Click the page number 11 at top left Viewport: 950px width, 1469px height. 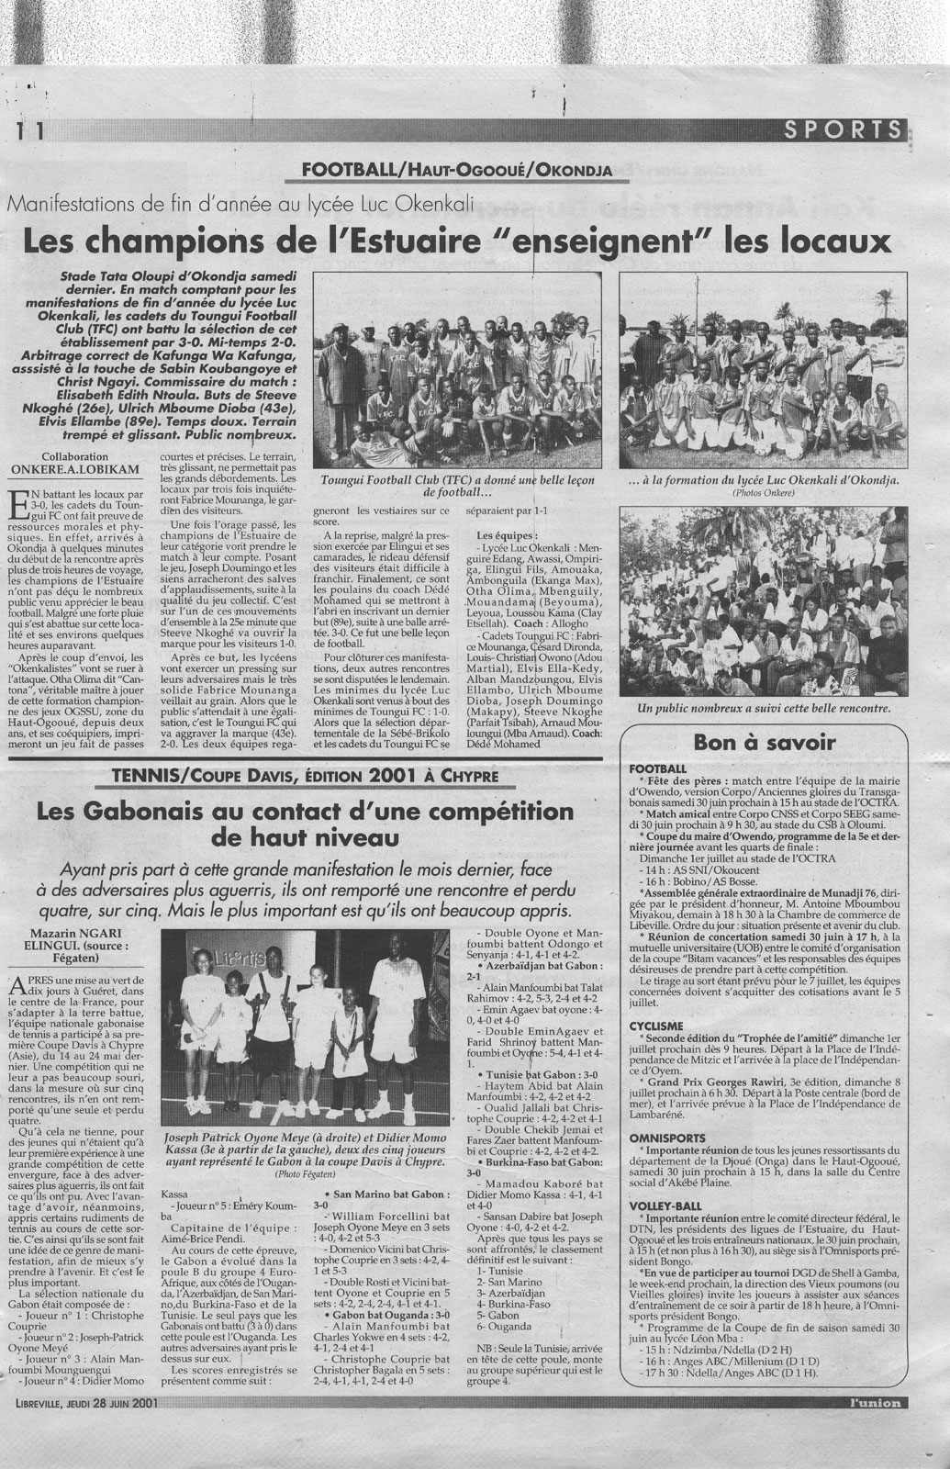(28, 130)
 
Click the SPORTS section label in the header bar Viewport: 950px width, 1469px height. (844, 129)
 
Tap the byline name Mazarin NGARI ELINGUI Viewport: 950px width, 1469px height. (87, 936)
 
